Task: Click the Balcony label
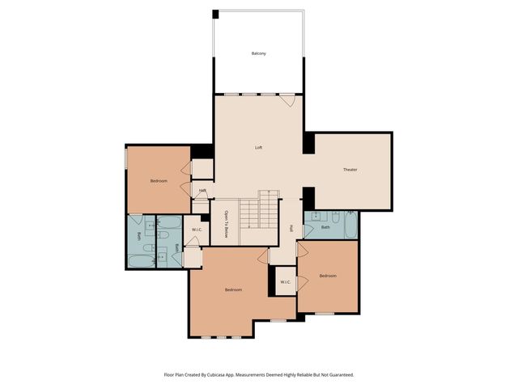[x=258, y=53]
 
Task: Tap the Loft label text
[x=258, y=148]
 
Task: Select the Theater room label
[x=350, y=170]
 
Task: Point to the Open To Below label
[x=227, y=224]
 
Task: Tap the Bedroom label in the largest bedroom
[x=233, y=289]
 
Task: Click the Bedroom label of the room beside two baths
[x=159, y=181]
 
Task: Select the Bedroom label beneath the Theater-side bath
[x=327, y=276]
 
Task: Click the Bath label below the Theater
[x=325, y=227]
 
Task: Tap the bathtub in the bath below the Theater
[x=350, y=225]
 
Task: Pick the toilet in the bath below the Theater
[x=314, y=217]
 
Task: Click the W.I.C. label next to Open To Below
[x=197, y=230]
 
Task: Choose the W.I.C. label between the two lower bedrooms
[x=285, y=281]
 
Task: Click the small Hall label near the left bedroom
[x=202, y=191]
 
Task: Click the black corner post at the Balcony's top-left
[x=215, y=14]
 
